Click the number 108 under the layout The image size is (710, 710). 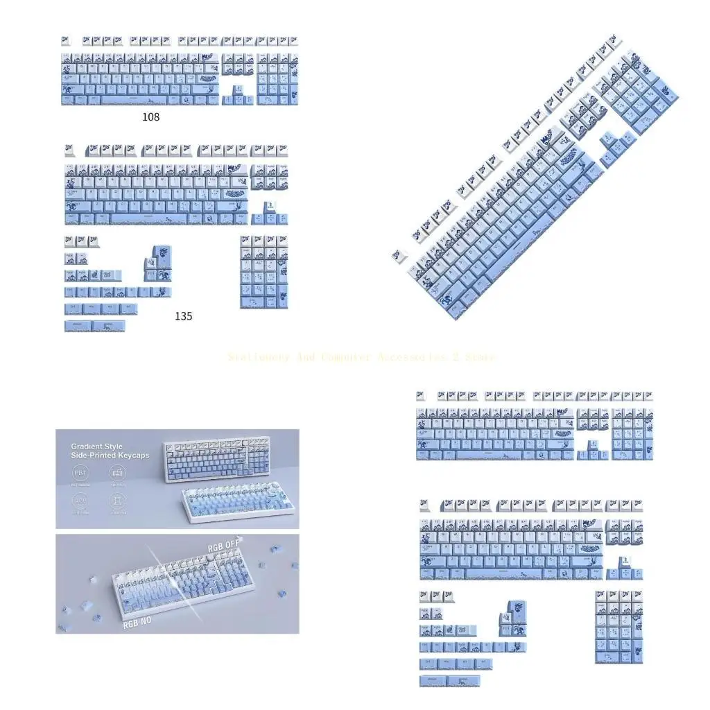click(150, 116)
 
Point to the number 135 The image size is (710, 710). click(183, 315)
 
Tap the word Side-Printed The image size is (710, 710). click(95, 455)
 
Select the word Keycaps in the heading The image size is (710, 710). click(134, 455)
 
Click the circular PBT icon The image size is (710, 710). click(80, 474)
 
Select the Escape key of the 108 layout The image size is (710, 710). click(66, 41)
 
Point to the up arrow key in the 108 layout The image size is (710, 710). click(238, 91)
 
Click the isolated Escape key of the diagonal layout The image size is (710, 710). click(399, 255)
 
